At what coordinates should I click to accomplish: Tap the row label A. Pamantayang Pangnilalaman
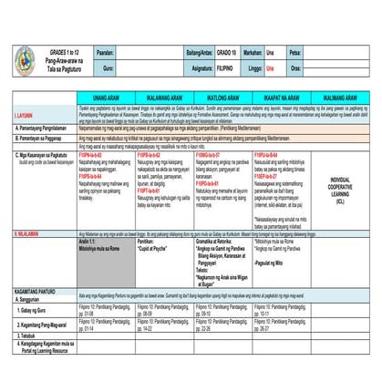(44, 129)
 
